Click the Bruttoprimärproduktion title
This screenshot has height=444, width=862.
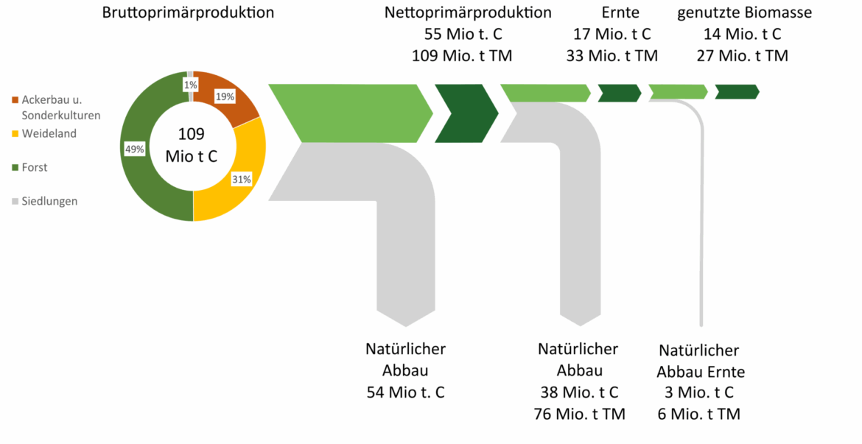pyautogui.click(x=188, y=13)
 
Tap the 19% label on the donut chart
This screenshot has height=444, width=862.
pyautogui.click(x=225, y=96)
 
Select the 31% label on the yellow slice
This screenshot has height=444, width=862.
pyautogui.click(x=242, y=179)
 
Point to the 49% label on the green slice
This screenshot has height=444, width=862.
pyautogui.click(x=135, y=149)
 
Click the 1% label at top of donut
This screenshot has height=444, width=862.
pyautogui.click(x=190, y=85)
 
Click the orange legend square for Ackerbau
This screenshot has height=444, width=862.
pyautogui.click(x=15, y=99)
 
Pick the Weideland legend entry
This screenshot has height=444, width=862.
pyautogui.click(x=49, y=134)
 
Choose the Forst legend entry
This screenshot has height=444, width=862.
pyautogui.click(x=34, y=167)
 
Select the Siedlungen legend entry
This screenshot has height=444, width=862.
pyautogui.click(x=49, y=200)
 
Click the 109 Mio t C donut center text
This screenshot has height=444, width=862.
pyautogui.click(x=192, y=145)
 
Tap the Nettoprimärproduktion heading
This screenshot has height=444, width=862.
pyautogui.click(x=468, y=13)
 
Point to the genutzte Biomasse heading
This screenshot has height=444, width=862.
pyautogui.click(x=744, y=13)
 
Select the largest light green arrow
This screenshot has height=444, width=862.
pyautogui.click(x=350, y=113)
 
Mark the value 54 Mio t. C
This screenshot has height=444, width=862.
pyautogui.click(x=405, y=392)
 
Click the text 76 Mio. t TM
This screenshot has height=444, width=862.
pyautogui.click(x=579, y=414)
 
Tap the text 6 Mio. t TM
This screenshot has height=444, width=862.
pyautogui.click(x=699, y=414)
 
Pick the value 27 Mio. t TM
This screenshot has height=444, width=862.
pyautogui.click(x=745, y=55)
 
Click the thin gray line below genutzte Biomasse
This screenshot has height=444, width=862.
pyautogui.click(x=701, y=221)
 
